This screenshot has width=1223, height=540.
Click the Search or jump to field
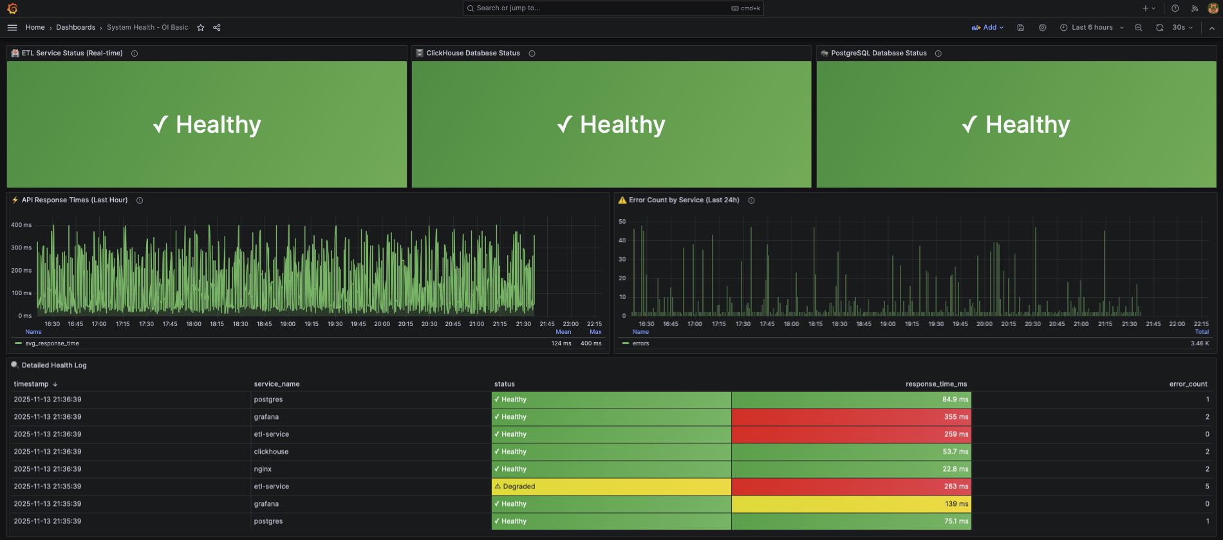(x=611, y=8)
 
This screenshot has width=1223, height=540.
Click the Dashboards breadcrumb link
(x=75, y=28)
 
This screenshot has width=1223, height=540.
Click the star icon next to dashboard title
(x=201, y=28)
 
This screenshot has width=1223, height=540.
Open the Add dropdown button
(x=988, y=28)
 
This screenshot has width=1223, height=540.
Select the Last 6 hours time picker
(x=1092, y=28)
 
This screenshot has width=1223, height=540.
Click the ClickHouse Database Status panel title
(x=472, y=53)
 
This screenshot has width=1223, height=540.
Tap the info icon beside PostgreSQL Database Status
(x=938, y=53)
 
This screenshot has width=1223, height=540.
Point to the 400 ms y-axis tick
(x=21, y=225)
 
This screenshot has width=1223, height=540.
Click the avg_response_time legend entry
(x=51, y=343)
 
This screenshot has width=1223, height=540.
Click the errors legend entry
(x=640, y=343)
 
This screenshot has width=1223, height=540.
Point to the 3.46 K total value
(x=1199, y=343)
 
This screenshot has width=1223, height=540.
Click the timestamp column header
(x=31, y=384)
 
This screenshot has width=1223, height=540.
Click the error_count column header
(x=1188, y=384)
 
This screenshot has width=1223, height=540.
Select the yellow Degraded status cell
(x=611, y=487)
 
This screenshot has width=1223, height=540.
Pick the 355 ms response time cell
(x=851, y=417)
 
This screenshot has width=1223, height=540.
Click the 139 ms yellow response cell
(x=851, y=504)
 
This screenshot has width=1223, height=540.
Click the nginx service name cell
(x=263, y=469)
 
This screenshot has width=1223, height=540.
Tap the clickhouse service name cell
(x=271, y=452)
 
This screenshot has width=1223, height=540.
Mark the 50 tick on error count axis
(x=622, y=222)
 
